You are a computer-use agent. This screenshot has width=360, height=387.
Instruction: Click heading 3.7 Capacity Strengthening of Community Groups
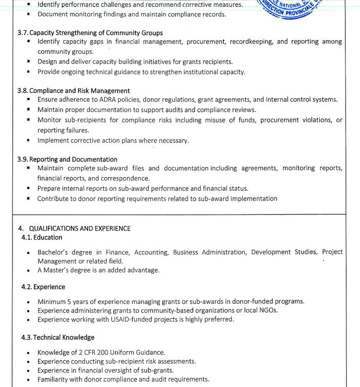90,33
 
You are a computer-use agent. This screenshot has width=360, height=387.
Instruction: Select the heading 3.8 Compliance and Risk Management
73,91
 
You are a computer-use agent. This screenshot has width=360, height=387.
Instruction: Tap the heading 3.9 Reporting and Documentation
67,159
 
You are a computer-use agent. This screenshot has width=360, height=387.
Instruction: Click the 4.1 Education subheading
42,238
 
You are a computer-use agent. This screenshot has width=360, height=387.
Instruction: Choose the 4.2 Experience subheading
43,287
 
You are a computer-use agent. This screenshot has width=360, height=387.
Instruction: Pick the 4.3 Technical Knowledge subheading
58,337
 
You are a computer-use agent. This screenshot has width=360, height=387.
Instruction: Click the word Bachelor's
55,252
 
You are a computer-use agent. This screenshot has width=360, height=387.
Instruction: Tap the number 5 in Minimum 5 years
69,301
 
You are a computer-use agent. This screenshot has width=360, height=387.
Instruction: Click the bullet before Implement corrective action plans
29,140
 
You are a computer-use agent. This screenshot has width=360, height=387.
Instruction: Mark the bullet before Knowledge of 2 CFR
29,353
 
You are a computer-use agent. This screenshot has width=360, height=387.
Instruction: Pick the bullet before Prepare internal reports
29,188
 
